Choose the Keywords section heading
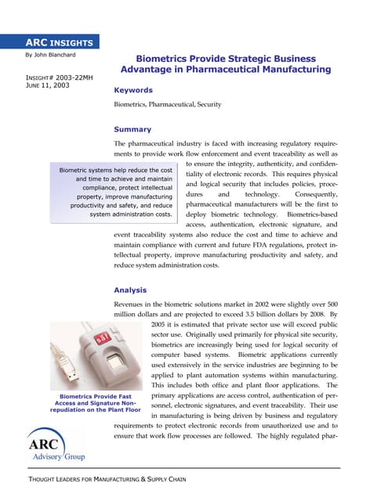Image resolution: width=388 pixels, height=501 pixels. pyautogui.click(x=133, y=91)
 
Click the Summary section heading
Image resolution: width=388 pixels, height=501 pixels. pyautogui.click(x=132, y=129)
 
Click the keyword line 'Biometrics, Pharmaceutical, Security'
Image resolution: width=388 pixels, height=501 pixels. pyautogui.click(x=167, y=104)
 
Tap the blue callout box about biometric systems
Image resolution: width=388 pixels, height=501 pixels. pyautogui.click(x=111, y=192)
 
